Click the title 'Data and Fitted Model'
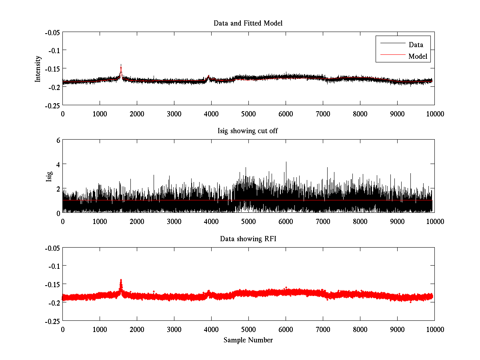coord(248,23)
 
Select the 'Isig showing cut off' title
coord(248,131)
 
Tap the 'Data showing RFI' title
coord(248,239)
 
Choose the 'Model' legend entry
coord(418,56)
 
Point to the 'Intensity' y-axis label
coord(38,68)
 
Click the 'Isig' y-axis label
coord(49,176)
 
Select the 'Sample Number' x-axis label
coord(248,340)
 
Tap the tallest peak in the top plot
coord(121,65)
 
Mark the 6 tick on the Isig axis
coord(58,140)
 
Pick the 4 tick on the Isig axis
coord(58,164)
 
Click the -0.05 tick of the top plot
coord(52,32)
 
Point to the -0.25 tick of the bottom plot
coord(52,321)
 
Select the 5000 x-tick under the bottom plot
coord(248,329)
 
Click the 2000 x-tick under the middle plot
coord(137,221)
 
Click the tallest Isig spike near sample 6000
coord(286,162)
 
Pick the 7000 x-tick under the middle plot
coord(323,221)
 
